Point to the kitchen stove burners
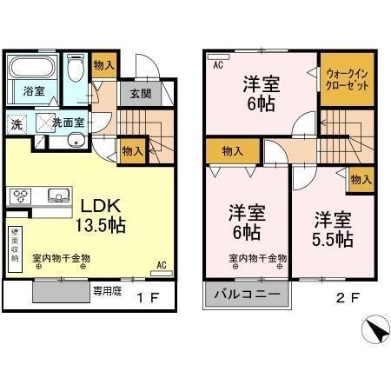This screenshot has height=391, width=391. pos(22,195)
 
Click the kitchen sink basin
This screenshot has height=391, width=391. pos(58,195)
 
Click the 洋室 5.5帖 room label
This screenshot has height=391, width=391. pos(332,228)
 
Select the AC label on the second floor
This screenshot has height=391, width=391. pos(217,63)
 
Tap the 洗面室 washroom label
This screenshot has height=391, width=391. pos(66,123)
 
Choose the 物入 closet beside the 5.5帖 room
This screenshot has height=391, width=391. pos(361,180)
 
